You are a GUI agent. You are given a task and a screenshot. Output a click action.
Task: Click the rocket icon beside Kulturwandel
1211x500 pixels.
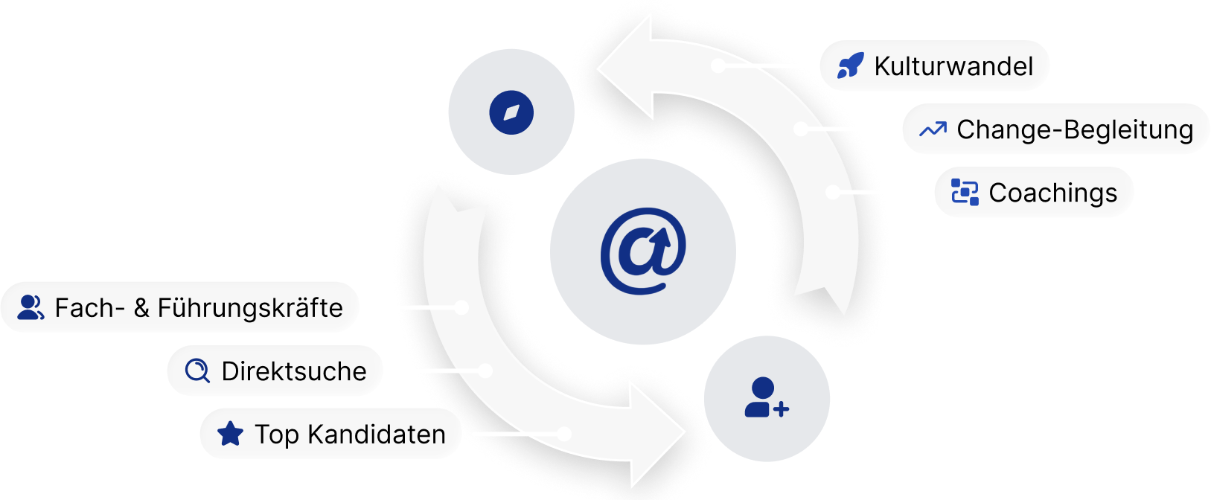[850, 66]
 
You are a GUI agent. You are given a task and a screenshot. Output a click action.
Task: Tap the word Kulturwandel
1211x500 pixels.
[953, 66]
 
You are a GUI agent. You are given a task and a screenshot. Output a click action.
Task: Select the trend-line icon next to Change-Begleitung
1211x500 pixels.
[933, 129]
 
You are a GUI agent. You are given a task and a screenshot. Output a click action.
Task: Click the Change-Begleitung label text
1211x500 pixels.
[1075, 129]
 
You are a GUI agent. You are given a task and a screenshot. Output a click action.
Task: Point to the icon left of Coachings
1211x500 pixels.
[965, 193]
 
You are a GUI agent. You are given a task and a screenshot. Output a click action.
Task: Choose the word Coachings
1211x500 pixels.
[1052, 193]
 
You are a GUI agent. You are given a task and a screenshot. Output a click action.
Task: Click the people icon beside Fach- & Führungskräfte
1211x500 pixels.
[31, 308]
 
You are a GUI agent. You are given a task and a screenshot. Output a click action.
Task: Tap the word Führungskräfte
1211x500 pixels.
[250, 308]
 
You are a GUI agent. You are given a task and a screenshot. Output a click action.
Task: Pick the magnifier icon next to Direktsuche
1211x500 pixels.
[197, 371]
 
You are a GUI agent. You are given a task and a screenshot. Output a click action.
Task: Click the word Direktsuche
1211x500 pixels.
[294, 371]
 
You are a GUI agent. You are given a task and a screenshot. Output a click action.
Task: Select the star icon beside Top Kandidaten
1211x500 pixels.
[231, 434]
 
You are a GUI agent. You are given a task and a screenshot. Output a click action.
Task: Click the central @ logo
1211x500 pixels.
[642, 251]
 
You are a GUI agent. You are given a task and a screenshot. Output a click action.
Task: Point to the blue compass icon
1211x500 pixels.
[511, 112]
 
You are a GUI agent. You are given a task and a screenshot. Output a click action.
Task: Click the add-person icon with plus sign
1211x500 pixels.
[767, 398]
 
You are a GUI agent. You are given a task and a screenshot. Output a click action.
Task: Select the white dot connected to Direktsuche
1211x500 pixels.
[486, 370]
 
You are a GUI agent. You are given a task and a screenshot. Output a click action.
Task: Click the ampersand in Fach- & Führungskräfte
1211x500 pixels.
[141, 308]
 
